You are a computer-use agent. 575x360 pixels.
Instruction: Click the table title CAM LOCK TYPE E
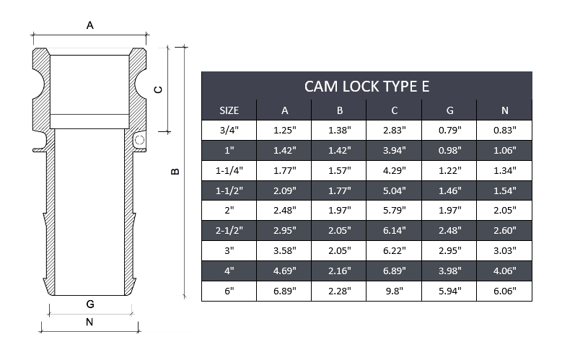point(366,86)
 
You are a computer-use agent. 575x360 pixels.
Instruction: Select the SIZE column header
point(229,110)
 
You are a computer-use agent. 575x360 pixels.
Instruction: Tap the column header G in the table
point(449,110)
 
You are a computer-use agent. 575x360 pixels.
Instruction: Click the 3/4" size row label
point(229,130)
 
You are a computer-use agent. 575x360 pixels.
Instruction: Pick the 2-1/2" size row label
point(229,231)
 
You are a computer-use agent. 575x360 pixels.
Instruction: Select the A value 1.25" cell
point(284,130)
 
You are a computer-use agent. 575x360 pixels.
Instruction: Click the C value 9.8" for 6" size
point(394,291)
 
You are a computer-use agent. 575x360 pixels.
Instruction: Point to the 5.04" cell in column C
point(394,190)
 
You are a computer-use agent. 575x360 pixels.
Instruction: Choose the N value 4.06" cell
point(504,271)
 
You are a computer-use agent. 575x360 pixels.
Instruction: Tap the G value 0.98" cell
point(449,150)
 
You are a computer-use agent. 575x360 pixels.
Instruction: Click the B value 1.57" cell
point(339,170)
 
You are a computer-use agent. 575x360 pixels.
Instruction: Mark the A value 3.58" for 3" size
point(284,251)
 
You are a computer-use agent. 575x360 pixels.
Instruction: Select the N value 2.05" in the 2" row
point(504,211)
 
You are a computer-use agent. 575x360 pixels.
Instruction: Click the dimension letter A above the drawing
point(90,25)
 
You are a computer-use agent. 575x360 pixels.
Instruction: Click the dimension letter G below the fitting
point(89,304)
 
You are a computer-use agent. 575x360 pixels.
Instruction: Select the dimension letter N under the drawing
point(89,322)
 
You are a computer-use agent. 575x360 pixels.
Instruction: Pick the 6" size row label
point(229,291)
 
